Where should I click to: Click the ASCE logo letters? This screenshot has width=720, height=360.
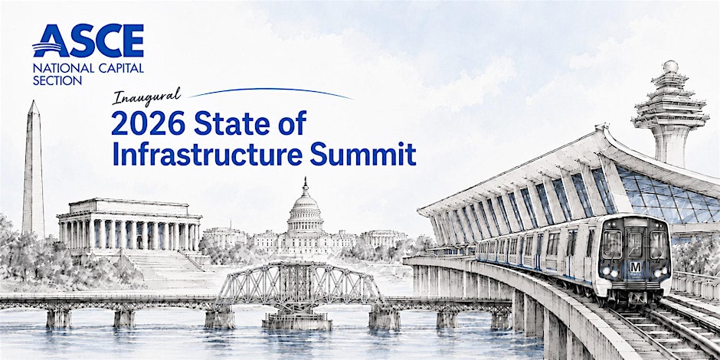(88, 41)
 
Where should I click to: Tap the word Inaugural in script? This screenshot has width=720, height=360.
(147, 96)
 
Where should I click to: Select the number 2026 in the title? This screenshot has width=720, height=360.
(149, 123)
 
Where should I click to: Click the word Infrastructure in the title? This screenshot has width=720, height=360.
(208, 154)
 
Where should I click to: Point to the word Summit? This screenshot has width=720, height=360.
(363, 154)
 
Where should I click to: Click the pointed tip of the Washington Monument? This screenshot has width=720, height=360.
(33, 101)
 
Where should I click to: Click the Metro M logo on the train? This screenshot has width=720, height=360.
(635, 267)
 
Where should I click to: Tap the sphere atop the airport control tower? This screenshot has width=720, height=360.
(670, 67)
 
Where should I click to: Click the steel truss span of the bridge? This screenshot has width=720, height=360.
(299, 283)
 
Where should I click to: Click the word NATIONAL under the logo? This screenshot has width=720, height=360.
(57, 68)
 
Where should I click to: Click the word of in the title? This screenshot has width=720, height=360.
(292, 123)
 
